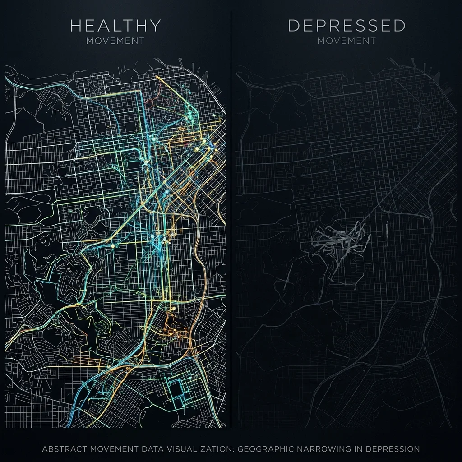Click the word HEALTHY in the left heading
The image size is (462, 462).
point(115,26)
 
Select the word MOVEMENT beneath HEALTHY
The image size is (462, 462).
point(115,41)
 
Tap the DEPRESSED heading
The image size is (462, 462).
point(346,26)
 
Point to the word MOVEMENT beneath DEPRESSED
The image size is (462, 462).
point(346,41)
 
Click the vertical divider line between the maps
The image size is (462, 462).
point(231,226)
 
